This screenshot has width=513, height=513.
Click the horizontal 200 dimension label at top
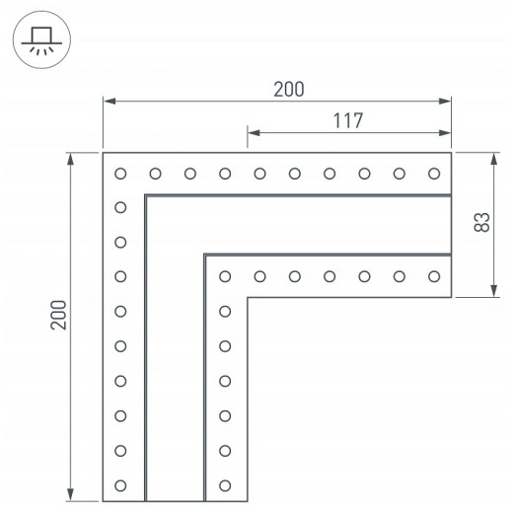pos(289,89)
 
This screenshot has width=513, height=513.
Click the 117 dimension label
pos(348,120)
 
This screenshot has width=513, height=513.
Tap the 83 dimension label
pos(482,222)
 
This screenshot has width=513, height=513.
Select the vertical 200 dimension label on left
pos(58,315)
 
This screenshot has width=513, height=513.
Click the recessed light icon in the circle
pos(41,40)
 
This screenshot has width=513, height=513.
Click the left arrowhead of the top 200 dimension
pos(110,101)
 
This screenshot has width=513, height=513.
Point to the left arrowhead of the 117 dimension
pos(254,133)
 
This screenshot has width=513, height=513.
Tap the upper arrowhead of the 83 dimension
pos(493,159)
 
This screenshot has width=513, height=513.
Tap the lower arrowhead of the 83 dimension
pos(493,291)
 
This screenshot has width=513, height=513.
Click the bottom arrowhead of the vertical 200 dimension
pos(70,495)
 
